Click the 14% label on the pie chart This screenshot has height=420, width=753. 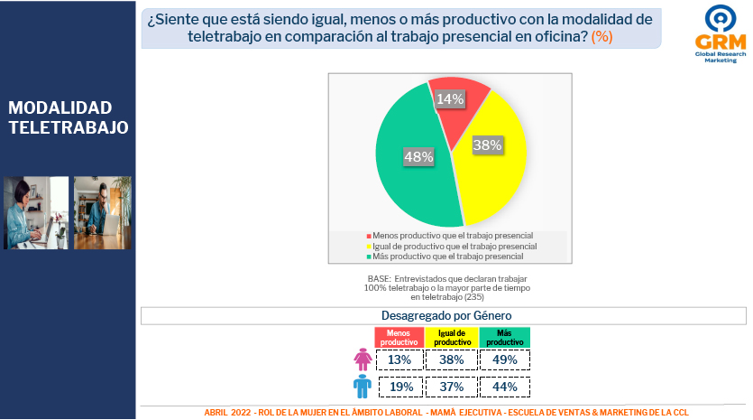point(449,98)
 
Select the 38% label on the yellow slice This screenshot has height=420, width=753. point(488,144)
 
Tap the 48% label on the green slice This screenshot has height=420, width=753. point(418,157)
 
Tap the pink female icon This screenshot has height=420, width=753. point(363,359)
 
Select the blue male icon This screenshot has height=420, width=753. point(363,387)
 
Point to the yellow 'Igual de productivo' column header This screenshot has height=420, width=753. point(452,338)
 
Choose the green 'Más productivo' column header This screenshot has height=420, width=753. point(505,338)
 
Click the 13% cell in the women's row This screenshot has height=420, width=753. point(399,359)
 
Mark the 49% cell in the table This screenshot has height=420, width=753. point(505,359)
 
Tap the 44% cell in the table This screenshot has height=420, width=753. point(505,387)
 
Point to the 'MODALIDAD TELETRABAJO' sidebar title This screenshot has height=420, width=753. point(68,118)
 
